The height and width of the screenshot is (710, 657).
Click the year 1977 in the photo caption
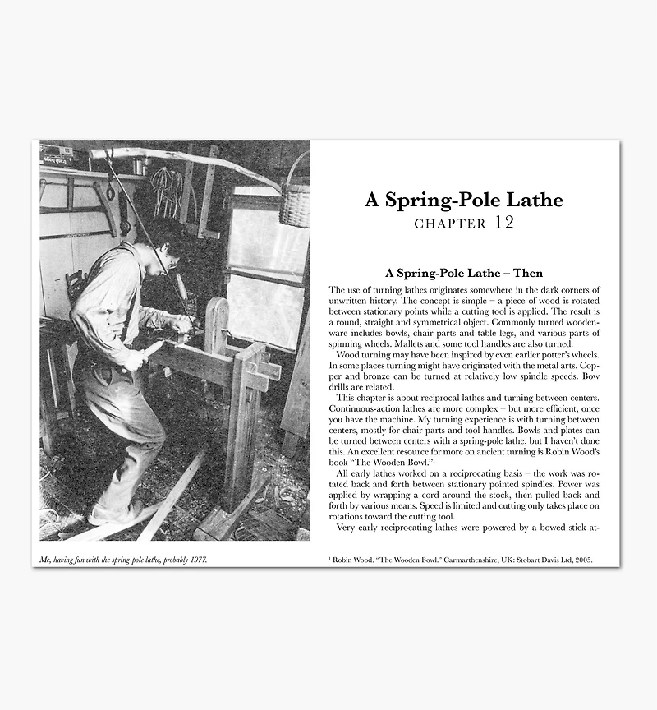pos(197,560)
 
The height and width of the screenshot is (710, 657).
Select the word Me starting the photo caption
pos(44,560)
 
